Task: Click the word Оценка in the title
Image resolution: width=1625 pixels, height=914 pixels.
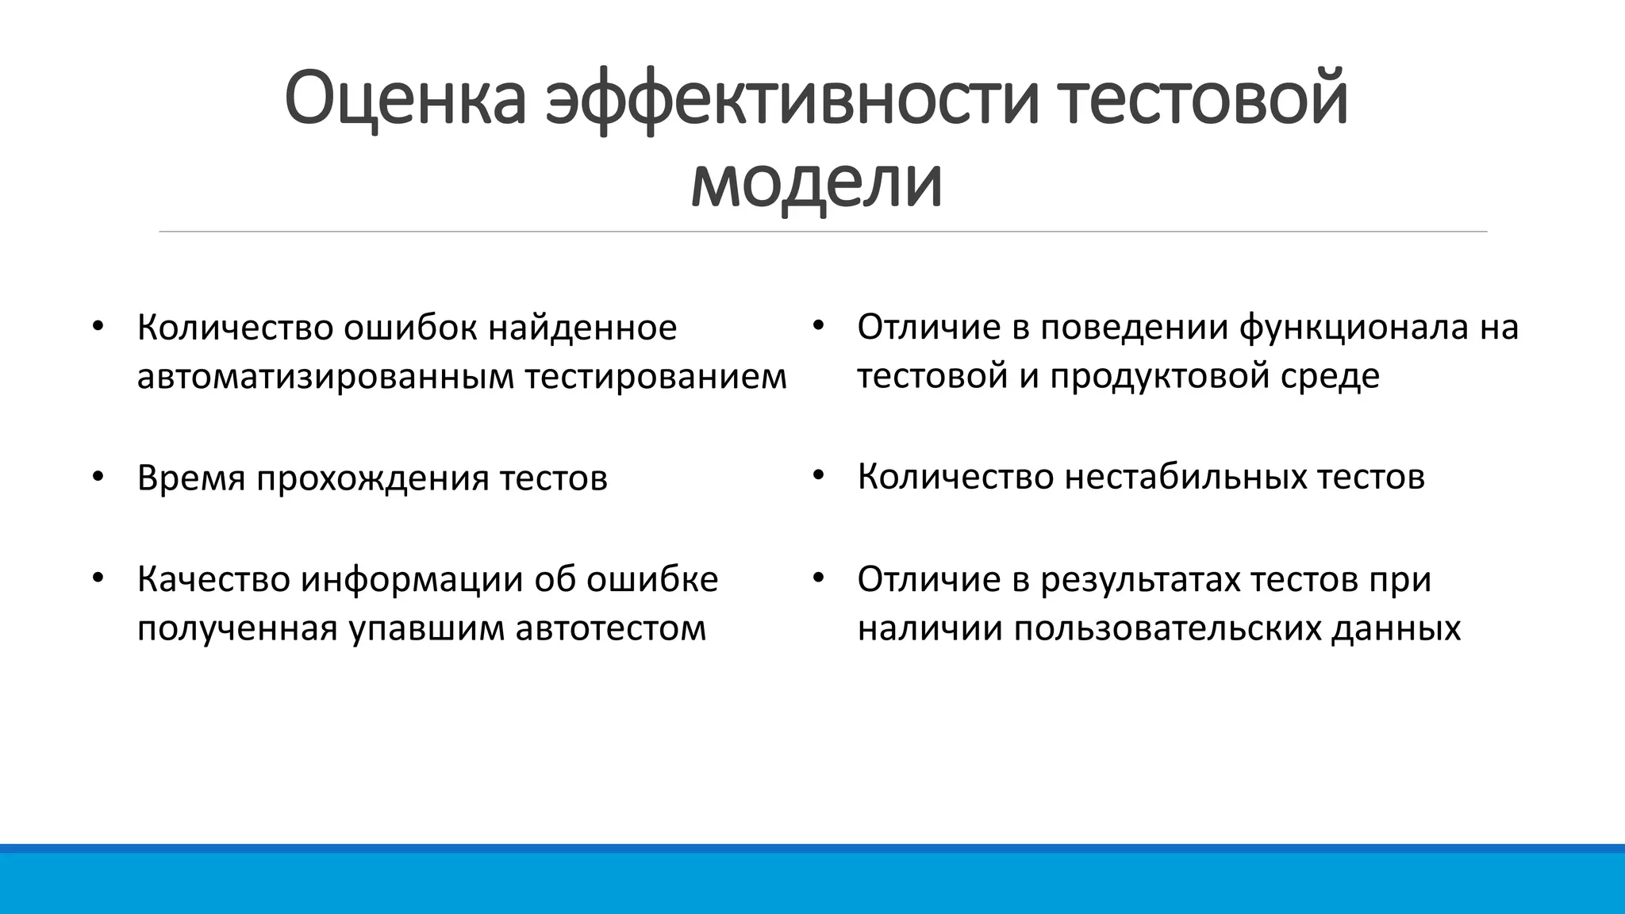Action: click(405, 99)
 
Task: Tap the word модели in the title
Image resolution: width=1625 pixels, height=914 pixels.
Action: click(816, 182)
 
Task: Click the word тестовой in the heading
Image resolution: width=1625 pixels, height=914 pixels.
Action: click(1203, 99)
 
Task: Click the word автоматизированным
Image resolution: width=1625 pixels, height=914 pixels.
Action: click(325, 376)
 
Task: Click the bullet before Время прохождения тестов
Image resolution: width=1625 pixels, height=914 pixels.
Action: click(98, 477)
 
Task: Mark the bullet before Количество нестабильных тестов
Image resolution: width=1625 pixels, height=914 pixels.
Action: click(819, 476)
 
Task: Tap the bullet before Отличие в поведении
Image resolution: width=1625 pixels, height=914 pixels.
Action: click(819, 326)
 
